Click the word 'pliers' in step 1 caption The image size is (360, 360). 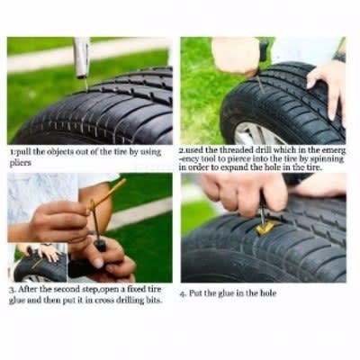pos(21,164)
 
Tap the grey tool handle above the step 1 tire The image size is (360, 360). pos(82,58)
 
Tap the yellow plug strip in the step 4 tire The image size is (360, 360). pos(265,228)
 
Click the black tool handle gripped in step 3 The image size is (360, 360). pos(100,245)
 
